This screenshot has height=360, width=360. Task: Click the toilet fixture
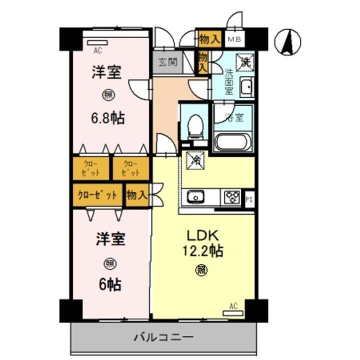tap(195, 127)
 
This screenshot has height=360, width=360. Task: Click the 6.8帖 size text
tap(108, 118)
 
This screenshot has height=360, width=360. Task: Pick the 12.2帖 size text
tap(203, 250)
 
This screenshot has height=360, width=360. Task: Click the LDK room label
tap(202, 235)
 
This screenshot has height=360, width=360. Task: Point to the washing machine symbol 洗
tap(244, 62)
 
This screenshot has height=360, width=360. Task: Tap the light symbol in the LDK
tap(202, 270)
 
